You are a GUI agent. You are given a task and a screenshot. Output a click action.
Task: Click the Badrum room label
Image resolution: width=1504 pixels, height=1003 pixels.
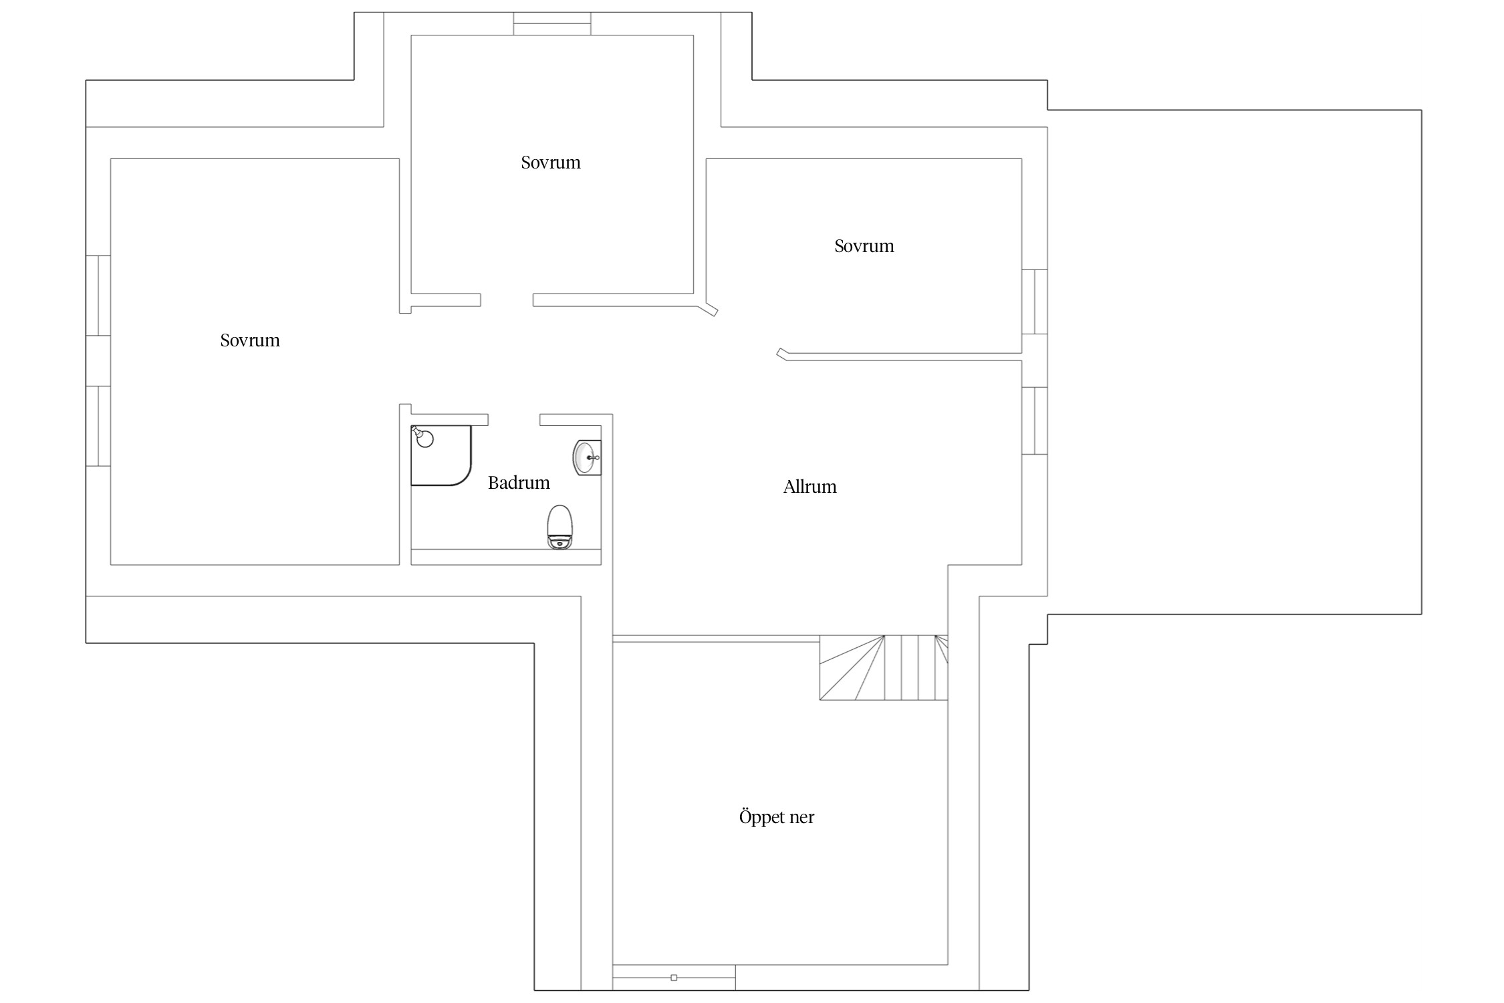click(519, 483)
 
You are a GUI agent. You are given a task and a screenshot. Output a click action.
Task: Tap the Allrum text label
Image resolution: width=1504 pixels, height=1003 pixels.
click(809, 487)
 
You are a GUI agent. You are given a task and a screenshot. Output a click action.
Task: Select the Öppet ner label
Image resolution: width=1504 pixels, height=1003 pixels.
click(777, 816)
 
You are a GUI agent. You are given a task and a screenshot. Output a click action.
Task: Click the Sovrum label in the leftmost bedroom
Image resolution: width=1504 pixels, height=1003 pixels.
click(250, 340)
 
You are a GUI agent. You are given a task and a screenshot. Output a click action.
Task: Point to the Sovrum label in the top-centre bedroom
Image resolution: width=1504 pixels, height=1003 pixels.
click(551, 162)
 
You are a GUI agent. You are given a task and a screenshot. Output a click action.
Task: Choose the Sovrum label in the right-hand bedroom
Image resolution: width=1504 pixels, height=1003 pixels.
click(864, 246)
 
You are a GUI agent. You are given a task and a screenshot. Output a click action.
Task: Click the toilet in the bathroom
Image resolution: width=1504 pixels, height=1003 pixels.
click(560, 527)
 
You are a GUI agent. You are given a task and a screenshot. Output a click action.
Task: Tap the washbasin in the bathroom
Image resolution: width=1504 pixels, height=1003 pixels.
click(587, 457)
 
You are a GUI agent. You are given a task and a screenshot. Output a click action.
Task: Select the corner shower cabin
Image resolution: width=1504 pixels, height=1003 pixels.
click(441, 455)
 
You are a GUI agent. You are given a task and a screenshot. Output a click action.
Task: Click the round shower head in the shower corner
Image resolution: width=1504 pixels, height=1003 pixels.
click(424, 439)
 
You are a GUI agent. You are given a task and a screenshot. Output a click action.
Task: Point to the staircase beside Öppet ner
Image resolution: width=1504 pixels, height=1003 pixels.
click(884, 667)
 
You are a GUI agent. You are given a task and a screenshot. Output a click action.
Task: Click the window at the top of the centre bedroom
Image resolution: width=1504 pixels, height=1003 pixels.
click(552, 23)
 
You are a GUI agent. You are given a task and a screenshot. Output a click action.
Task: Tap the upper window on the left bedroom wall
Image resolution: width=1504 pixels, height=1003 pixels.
click(98, 296)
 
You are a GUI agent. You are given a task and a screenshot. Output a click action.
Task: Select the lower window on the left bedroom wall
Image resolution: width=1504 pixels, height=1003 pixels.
click(98, 426)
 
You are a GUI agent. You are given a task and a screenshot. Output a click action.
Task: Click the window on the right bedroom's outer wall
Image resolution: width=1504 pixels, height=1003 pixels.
click(1035, 302)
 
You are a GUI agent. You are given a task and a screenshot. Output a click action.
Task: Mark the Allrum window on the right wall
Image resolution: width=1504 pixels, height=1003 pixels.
click(1035, 421)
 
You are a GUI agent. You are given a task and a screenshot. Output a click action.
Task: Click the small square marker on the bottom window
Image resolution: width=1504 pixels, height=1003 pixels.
click(674, 978)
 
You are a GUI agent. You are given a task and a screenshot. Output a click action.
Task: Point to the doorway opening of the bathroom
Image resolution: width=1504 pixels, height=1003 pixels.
click(514, 420)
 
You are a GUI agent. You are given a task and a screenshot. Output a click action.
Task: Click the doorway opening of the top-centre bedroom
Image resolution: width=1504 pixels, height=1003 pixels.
click(507, 300)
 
